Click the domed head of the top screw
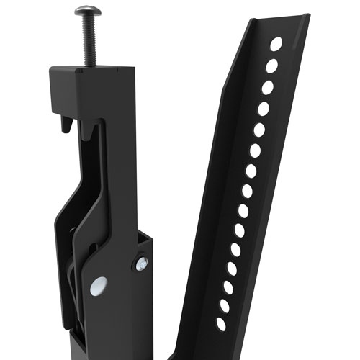tap(87, 12)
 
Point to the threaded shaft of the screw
tap(89, 40)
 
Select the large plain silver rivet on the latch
tap(99, 284)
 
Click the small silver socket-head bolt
tap(140, 264)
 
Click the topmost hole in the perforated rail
tap(276, 45)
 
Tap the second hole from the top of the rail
tap(271, 66)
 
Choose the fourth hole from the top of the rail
tap(263, 109)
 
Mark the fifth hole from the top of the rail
tap(258, 130)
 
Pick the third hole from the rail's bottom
tap(228, 287)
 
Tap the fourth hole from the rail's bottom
tap(232, 268)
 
